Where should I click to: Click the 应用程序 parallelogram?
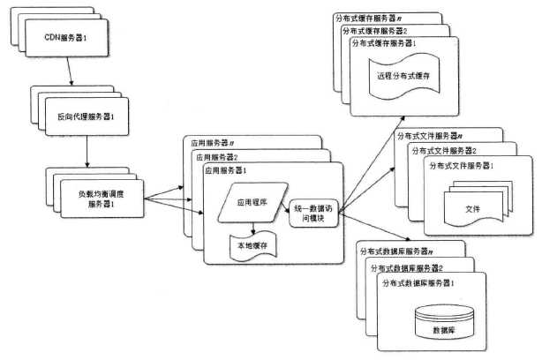click(251, 202)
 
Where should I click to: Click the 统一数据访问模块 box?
click(313, 213)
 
